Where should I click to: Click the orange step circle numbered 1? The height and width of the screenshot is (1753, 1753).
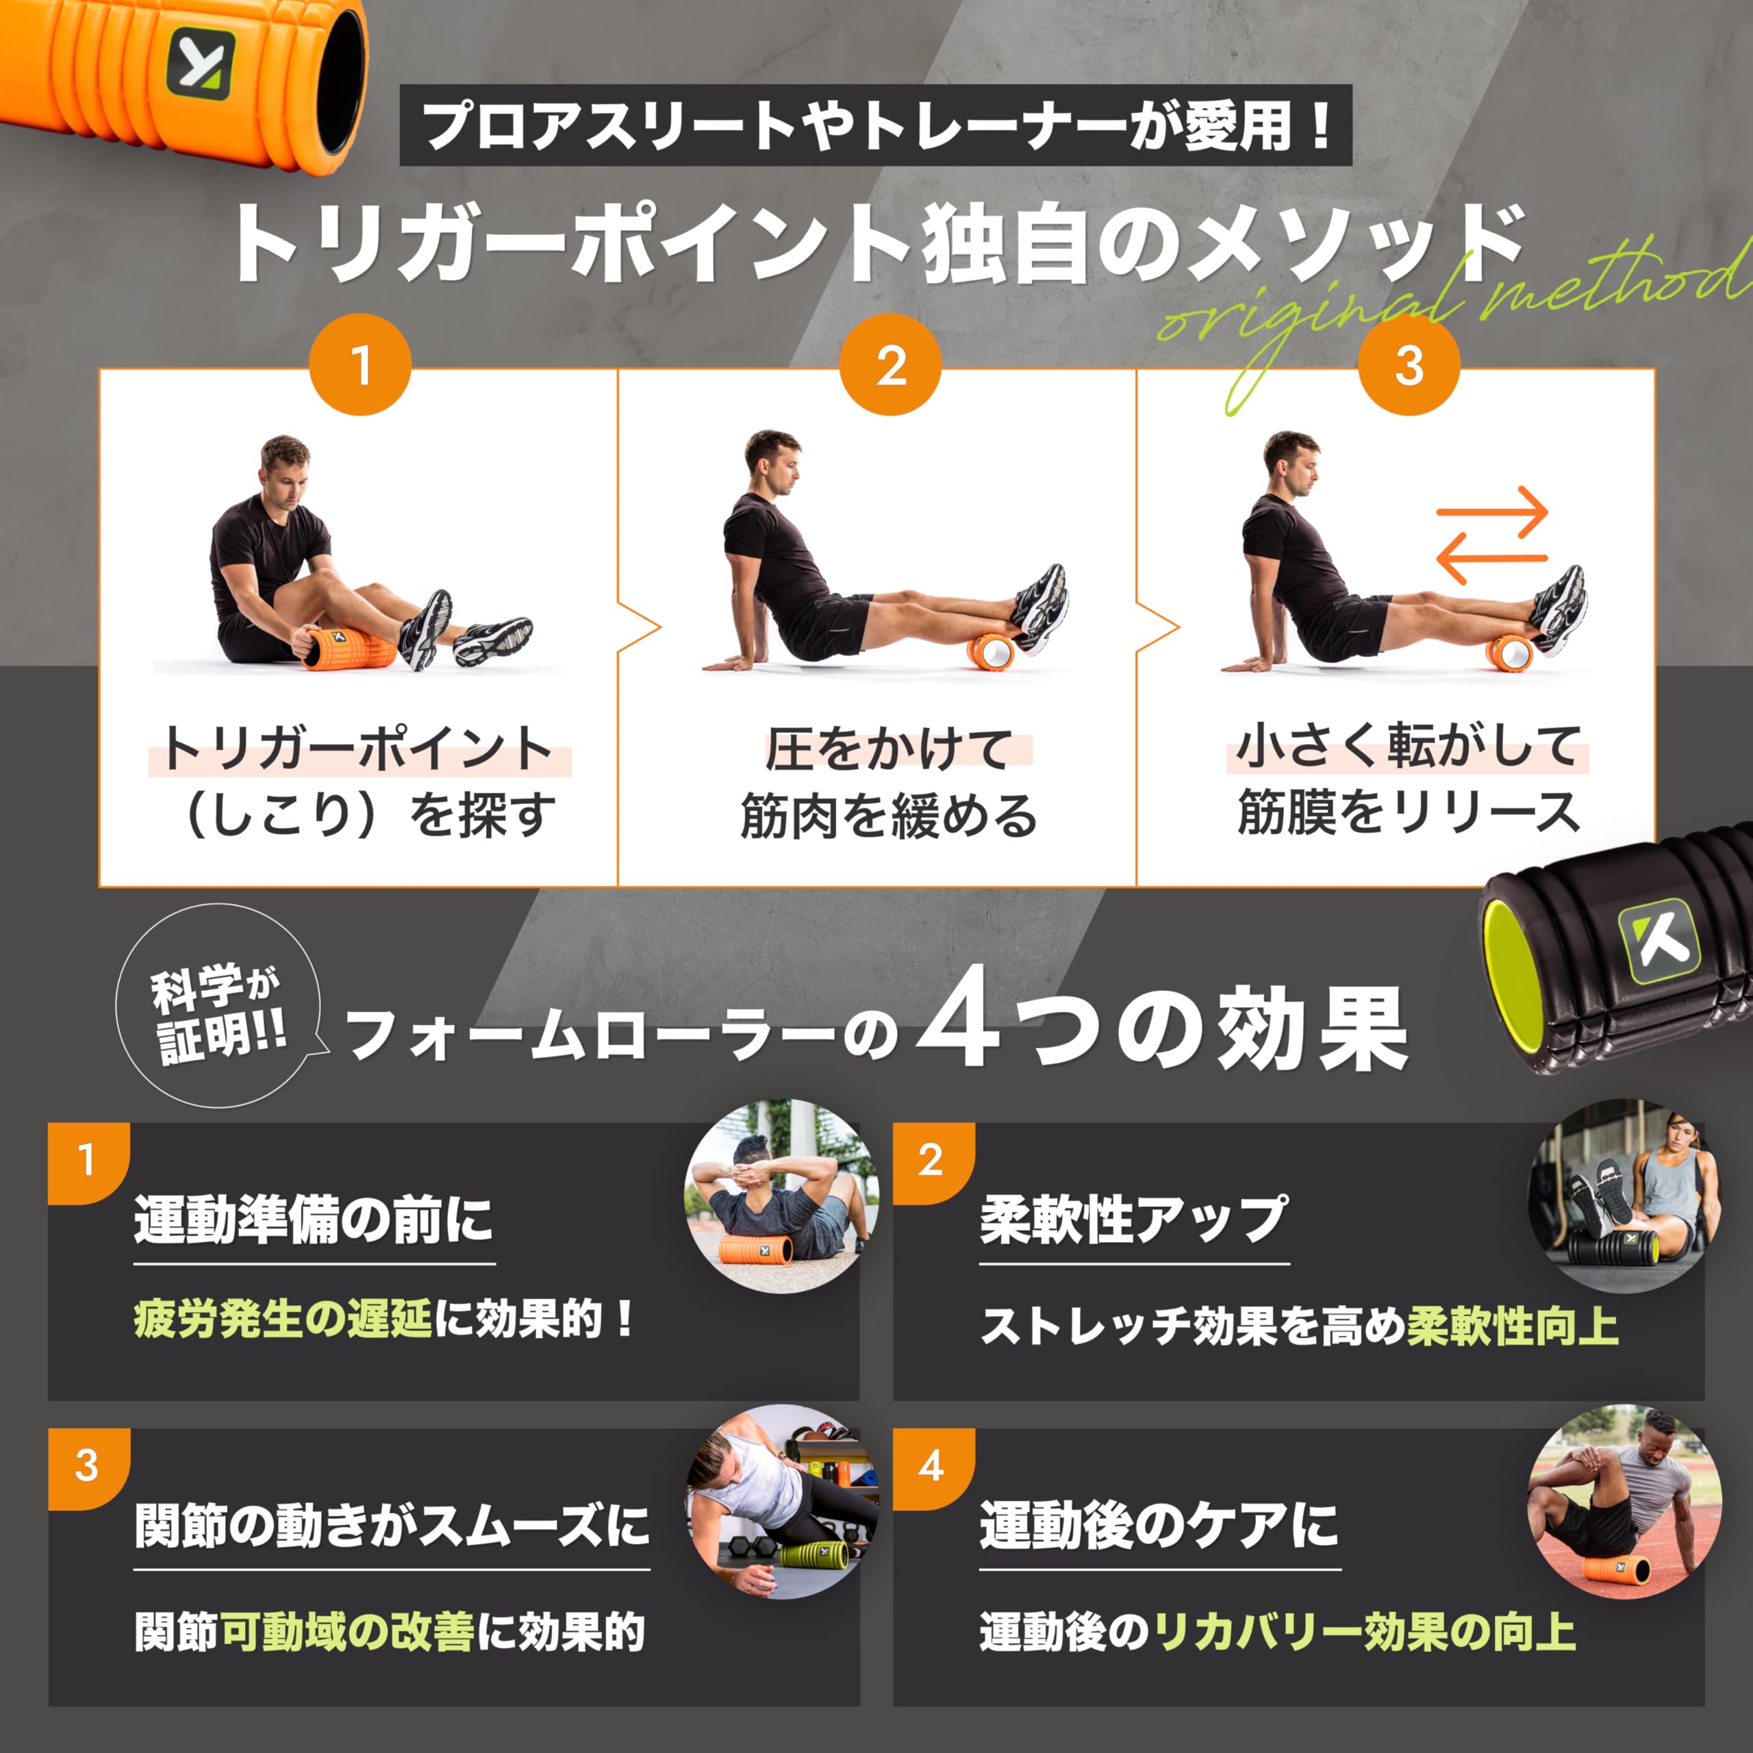[360, 365]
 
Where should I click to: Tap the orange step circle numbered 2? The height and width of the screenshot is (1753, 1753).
[890, 365]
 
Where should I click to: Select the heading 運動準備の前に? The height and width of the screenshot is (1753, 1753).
[313, 1220]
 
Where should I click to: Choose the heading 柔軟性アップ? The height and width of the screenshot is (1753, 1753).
[1133, 1220]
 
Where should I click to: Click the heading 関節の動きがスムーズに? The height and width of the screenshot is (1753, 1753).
[392, 1525]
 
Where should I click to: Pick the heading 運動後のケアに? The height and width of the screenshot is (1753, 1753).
[1159, 1525]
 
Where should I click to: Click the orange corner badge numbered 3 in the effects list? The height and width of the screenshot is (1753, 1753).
[86, 1466]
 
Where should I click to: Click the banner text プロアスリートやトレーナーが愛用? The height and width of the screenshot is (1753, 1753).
[876, 126]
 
